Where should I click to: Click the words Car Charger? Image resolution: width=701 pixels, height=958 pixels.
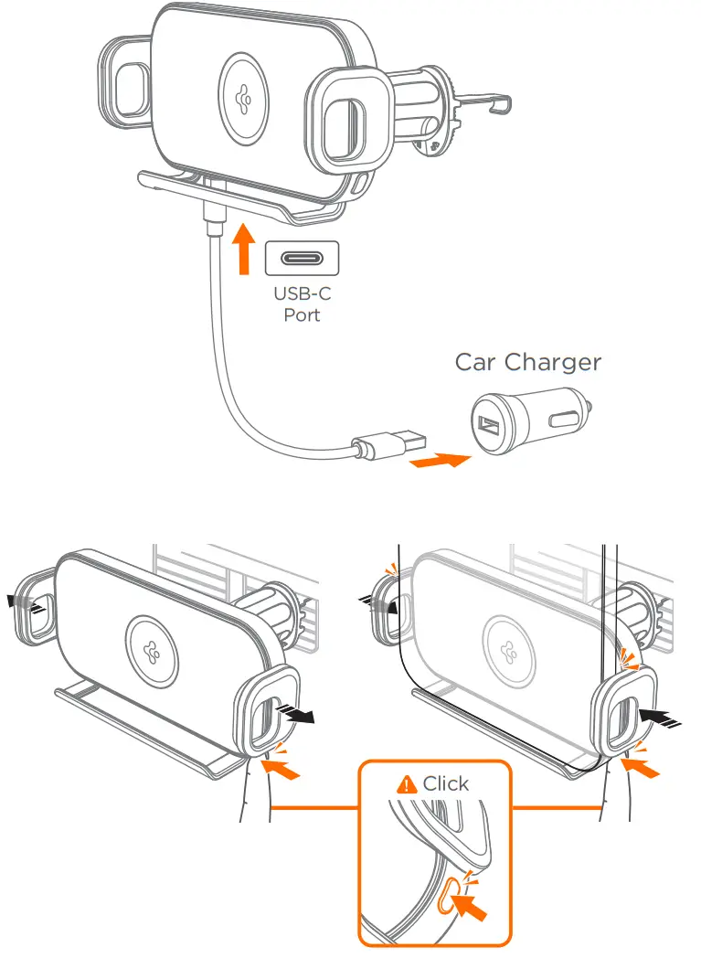tap(528, 362)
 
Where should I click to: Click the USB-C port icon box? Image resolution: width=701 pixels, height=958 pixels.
tap(302, 259)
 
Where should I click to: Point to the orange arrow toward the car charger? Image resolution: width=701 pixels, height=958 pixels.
tap(441, 460)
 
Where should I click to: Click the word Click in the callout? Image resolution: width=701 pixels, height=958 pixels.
tap(445, 783)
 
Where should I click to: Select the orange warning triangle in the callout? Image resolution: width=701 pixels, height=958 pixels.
tap(406, 784)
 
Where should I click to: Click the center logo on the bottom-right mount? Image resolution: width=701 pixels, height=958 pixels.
tap(508, 644)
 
